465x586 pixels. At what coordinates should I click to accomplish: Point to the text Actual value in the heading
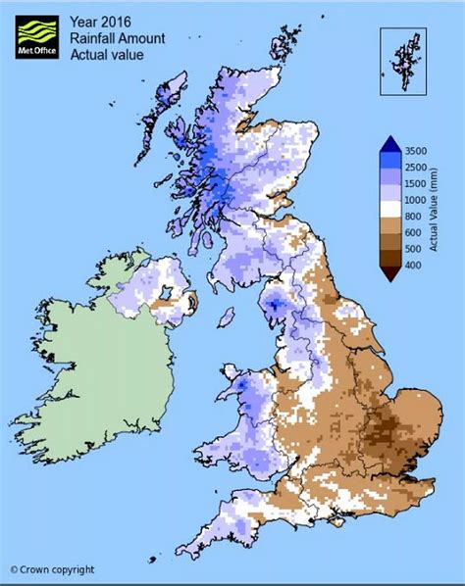click(107, 54)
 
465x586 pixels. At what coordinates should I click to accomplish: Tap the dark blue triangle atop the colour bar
click(390, 143)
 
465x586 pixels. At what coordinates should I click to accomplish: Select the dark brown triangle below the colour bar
click(390, 273)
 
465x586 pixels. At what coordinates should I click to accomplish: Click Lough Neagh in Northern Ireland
click(167, 292)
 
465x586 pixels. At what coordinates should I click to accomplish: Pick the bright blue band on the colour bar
click(390, 160)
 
